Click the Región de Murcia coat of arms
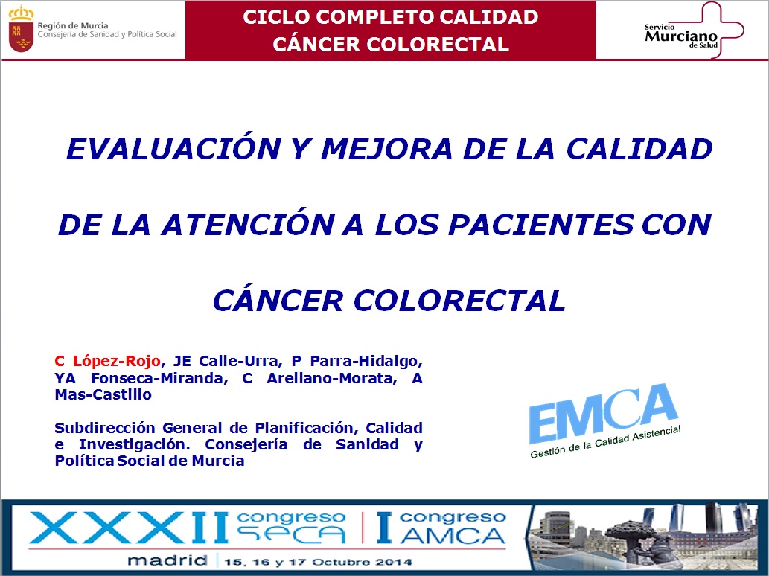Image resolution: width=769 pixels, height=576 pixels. click(21, 30)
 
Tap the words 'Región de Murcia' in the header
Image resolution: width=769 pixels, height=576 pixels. click(73, 25)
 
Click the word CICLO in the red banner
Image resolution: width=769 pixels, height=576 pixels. click(276, 17)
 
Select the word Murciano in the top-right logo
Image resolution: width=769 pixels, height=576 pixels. click(681, 36)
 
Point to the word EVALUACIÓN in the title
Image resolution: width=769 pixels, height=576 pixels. click(173, 149)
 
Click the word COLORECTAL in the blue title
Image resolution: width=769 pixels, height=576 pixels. click(459, 301)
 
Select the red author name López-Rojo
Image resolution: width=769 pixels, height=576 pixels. click(117, 361)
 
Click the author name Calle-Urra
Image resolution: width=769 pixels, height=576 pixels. click(240, 361)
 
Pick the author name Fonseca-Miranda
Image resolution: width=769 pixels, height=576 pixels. click(159, 378)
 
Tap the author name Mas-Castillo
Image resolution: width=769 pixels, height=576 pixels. click(103, 394)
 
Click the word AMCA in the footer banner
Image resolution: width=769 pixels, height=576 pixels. click(452, 536)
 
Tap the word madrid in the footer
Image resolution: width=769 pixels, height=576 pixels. click(167, 560)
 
